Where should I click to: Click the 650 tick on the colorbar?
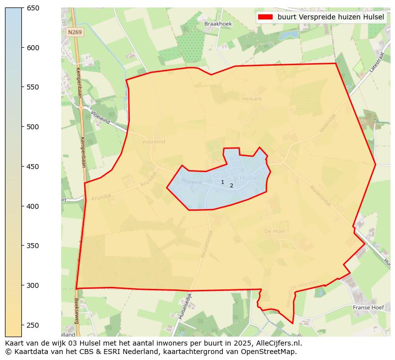click(x=22, y=8)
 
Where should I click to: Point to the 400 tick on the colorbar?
click(x=22, y=206)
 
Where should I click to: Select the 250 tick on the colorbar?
click(x=22, y=325)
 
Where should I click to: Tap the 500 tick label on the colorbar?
click(x=33, y=127)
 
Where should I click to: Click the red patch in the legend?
click(x=266, y=17)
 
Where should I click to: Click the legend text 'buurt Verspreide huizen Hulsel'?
click(x=331, y=17)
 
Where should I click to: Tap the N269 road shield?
click(x=75, y=32)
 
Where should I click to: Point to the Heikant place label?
click(x=252, y=98)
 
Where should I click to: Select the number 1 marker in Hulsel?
click(x=222, y=182)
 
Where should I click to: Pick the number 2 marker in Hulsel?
click(x=231, y=186)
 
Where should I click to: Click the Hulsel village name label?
click(x=250, y=178)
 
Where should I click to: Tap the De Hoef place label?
click(x=274, y=231)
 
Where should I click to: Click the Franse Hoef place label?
click(x=368, y=308)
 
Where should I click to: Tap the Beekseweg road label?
click(x=76, y=311)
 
